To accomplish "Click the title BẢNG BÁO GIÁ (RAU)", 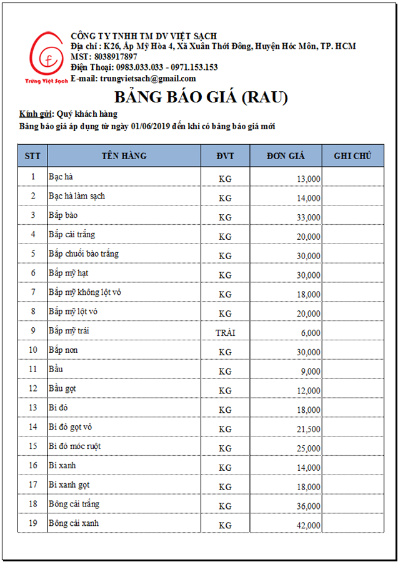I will [x=201, y=97].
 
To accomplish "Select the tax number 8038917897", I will [x=114, y=57].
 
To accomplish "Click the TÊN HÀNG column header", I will [x=124, y=156].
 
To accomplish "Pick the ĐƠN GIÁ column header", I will [x=286, y=156].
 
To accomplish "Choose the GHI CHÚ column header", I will [x=352, y=156].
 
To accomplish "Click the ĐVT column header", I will [x=225, y=156].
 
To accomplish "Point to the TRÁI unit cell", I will [x=225, y=333].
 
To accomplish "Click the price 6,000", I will [x=311, y=333].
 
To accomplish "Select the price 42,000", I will [x=309, y=526].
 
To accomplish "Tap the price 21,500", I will [x=309, y=430].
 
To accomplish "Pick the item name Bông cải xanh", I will [x=74, y=523].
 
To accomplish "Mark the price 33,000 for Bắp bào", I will [x=309, y=218].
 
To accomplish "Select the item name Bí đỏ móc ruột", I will [x=74, y=446].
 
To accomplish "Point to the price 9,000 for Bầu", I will [x=311, y=372].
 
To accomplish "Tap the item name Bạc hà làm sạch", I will [x=77, y=196].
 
